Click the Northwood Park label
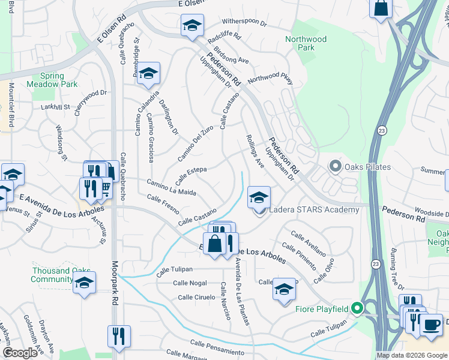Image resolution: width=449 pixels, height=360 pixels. pos(306,43)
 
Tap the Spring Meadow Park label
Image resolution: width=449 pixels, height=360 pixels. pos(52,80)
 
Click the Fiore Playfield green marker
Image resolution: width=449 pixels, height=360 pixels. pos(357,309)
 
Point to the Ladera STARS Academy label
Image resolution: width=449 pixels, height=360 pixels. pos(314,209)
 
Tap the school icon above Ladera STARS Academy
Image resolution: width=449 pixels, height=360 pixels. pos(259,197)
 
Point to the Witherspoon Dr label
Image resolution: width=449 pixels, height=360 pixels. pos(244,22)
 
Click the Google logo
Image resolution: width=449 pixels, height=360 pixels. pos(20,353)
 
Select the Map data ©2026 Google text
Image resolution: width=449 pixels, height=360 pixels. pos(412,355)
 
